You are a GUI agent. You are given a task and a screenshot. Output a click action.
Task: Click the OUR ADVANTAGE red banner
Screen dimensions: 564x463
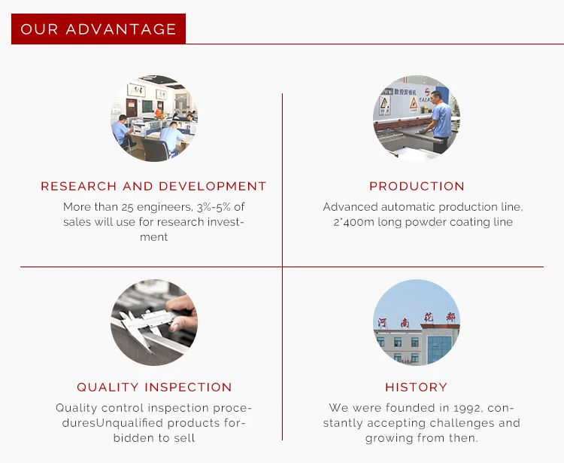99,29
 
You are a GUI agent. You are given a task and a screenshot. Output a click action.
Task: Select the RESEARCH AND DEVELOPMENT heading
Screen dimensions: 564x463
153,186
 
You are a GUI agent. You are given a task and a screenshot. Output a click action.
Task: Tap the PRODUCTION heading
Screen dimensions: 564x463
417,186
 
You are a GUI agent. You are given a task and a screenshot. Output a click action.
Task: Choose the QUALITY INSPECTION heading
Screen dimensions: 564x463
154,387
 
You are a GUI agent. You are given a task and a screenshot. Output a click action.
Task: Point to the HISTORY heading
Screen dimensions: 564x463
416,387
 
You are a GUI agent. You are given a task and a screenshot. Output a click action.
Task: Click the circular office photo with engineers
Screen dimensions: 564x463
154,118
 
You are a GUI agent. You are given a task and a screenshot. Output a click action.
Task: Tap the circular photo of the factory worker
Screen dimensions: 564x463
417,118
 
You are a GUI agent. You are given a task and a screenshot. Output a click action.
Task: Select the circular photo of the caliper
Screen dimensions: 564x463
154,322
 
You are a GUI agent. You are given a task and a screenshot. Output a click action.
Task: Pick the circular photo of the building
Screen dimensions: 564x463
417,322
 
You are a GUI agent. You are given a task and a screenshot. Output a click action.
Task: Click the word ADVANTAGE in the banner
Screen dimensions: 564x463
121,29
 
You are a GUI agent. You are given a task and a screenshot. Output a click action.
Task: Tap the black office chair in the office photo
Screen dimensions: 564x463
156,149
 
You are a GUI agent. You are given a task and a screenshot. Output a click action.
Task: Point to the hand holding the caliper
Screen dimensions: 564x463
182,312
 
